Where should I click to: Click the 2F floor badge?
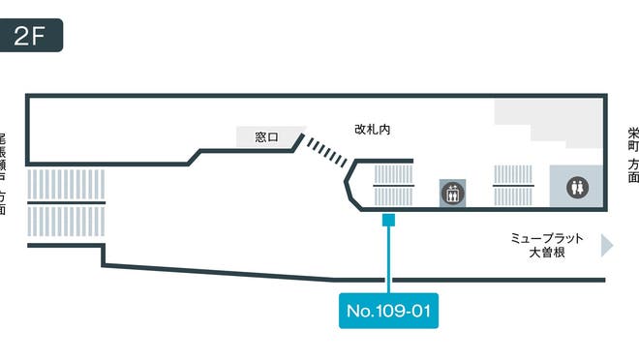tap(32, 36)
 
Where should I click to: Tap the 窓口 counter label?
tap(266, 137)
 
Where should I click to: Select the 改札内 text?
tap(372, 128)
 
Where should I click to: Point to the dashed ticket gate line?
tap(325, 152)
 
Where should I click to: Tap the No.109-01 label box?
tap(387, 312)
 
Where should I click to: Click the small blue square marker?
tap(387, 221)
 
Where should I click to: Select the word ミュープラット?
tap(548, 237)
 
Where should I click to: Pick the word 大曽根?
tap(547, 254)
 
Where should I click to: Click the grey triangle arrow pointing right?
tap(607, 245)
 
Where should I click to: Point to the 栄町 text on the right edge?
tap(632, 143)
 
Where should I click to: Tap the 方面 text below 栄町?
tap(632, 171)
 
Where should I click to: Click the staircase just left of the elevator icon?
tap(393, 185)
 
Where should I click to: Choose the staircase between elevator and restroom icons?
tap(514, 185)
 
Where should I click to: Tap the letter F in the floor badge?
tap(42, 36)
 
